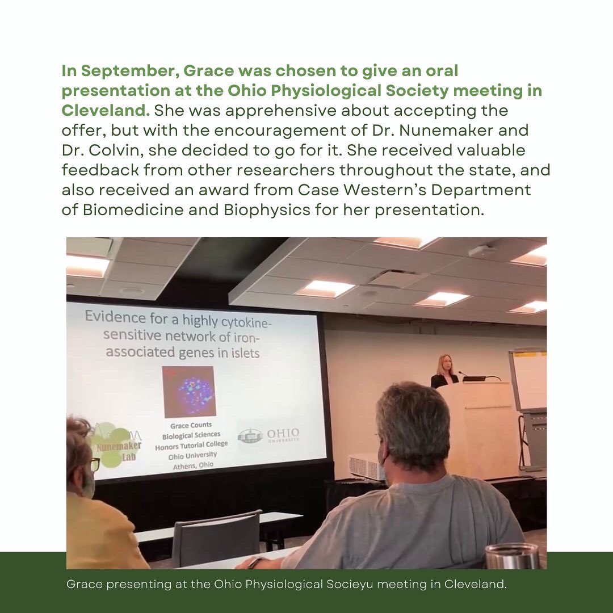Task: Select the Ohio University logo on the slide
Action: tap(268, 436)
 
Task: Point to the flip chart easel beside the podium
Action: tap(528, 397)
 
